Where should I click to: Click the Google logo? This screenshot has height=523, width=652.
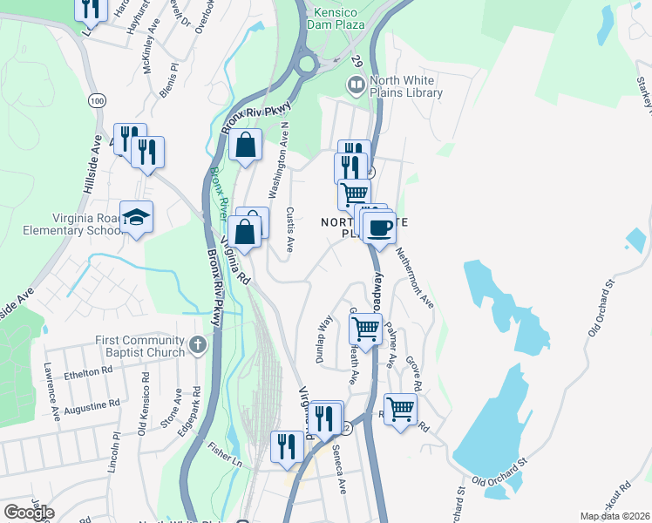coord(28,513)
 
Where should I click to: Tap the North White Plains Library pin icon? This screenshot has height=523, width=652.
coord(356,85)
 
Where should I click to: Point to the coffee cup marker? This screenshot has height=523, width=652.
coord(379,228)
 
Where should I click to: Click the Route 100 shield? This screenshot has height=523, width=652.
coord(95,101)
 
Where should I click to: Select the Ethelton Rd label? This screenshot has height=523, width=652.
coord(88,372)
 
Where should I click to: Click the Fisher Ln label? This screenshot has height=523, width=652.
coord(224,453)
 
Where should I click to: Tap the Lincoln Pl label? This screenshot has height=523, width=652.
coord(113,451)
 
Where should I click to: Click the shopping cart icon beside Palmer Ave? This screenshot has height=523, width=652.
coord(365,329)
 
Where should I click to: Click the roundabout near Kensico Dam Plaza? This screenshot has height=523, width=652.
coord(307,64)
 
